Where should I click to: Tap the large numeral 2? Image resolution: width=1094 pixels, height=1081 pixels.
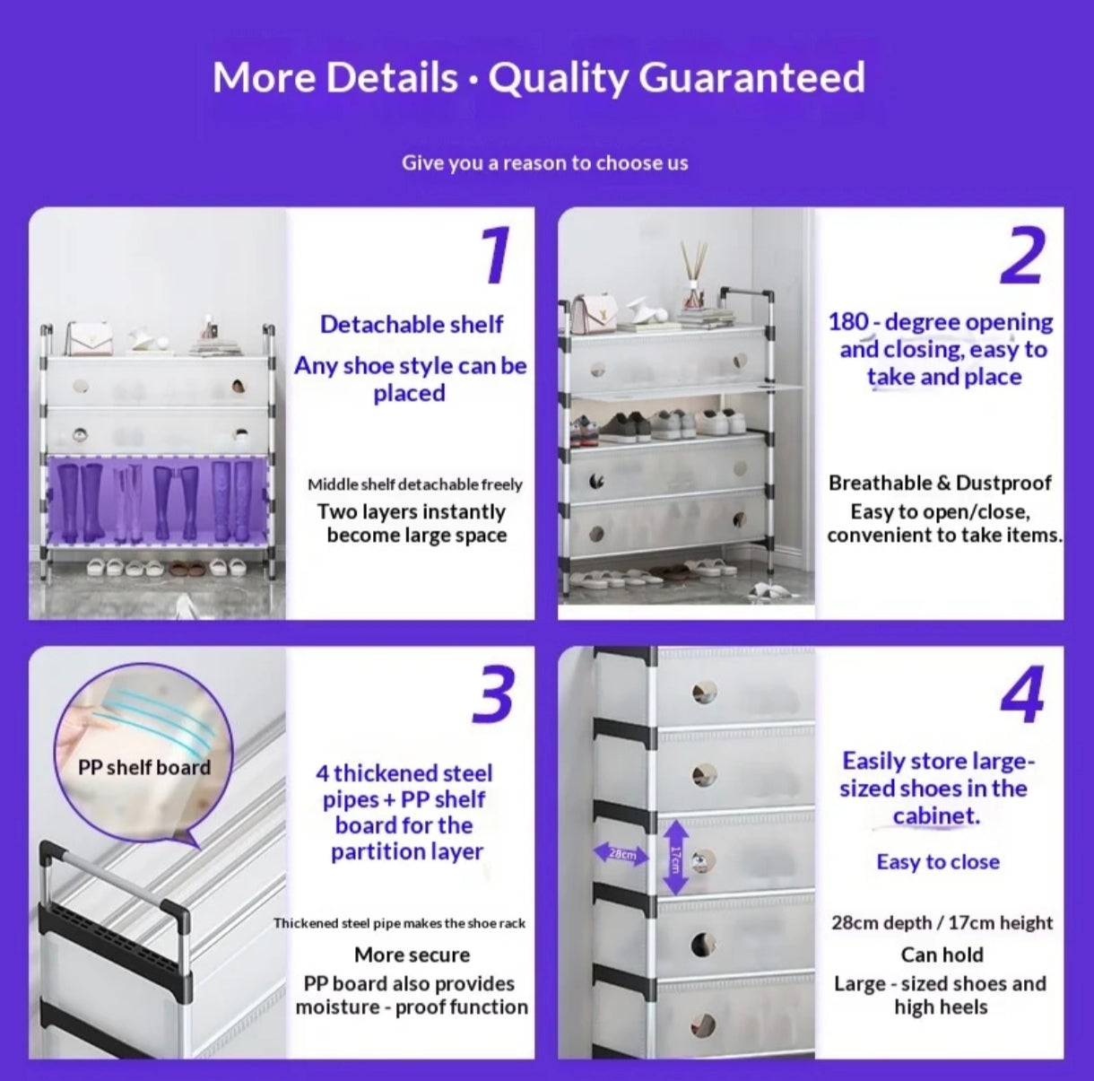(x=1022, y=255)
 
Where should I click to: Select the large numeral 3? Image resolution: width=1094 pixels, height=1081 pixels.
(x=492, y=694)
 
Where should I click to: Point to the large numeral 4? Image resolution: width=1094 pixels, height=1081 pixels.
(x=1022, y=694)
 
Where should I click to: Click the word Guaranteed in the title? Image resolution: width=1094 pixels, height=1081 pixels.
(x=751, y=78)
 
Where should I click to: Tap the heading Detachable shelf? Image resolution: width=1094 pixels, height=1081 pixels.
(x=411, y=325)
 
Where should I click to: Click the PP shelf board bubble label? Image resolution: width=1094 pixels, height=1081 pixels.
(x=144, y=767)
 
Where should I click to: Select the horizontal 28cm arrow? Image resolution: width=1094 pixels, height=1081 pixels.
(x=621, y=854)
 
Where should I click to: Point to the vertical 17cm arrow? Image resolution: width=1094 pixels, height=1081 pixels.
(x=675, y=858)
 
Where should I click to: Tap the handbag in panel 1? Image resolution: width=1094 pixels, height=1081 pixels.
(x=90, y=339)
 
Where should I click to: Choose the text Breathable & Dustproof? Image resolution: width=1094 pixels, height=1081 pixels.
(x=940, y=483)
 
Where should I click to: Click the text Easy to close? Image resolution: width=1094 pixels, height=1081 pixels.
(x=938, y=862)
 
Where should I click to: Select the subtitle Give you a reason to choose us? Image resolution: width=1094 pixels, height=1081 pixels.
(x=545, y=163)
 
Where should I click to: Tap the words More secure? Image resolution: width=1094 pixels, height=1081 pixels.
(x=412, y=955)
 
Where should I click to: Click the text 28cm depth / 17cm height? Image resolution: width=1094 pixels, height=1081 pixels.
(x=942, y=922)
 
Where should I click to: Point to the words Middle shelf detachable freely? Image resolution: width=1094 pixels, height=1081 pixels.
(x=415, y=484)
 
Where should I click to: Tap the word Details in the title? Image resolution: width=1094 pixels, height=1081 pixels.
(x=393, y=78)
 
